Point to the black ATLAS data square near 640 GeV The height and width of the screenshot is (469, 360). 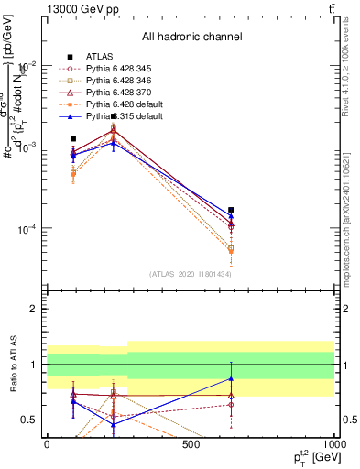[x=231, y=210]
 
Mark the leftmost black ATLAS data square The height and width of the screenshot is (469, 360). [x=73, y=138]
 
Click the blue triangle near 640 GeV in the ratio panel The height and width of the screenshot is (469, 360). [x=231, y=378]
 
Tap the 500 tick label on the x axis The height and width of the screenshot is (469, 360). [x=191, y=444]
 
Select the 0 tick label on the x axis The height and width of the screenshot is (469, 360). [x=47, y=444]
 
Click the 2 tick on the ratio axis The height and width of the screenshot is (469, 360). [x=34, y=309]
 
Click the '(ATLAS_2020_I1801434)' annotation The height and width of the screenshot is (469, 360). [x=191, y=274]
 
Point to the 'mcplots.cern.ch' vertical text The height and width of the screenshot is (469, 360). [x=349, y=215]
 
